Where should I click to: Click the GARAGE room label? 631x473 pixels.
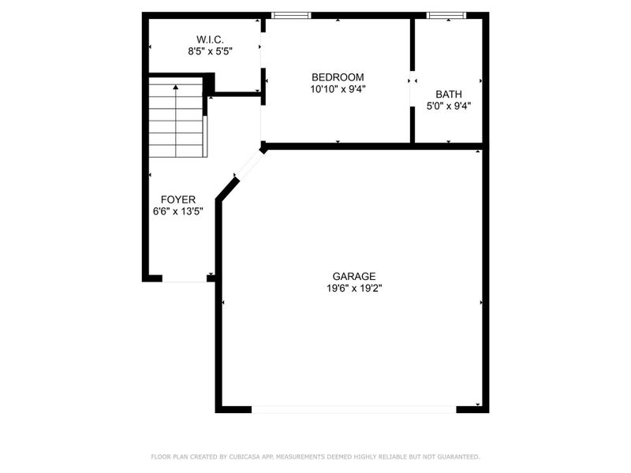point(353,276)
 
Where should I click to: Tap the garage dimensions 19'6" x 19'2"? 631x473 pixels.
point(353,288)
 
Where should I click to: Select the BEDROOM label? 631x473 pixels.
point(338,77)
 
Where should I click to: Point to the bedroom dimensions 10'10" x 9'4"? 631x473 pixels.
point(338,89)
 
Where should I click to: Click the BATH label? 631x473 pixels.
point(449,94)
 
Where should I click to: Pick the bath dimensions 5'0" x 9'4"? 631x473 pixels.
point(449,106)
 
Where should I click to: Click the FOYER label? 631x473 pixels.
point(178,199)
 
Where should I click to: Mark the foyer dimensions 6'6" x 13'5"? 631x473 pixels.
point(178,211)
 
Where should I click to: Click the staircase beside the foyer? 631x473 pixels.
point(177,118)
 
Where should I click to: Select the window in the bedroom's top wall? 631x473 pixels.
point(291,15)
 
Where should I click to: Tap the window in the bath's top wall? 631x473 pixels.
point(446,15)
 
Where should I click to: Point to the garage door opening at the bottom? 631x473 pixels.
point(353,408)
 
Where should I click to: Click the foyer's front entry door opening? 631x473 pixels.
point(185,278)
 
